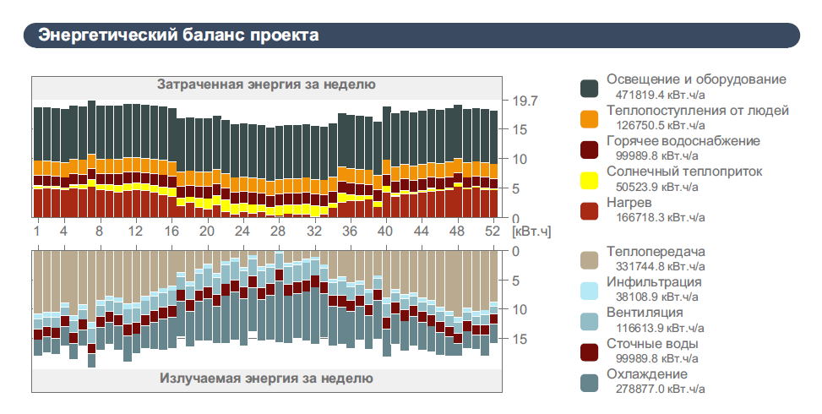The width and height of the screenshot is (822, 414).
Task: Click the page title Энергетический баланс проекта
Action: pyautogui.click(x=179, y=35)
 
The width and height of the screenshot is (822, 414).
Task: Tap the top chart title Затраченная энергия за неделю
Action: pyautogui.click(x=266, y=84)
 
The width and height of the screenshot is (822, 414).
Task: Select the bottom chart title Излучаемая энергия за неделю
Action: pyautogui.click(x=266, y=378)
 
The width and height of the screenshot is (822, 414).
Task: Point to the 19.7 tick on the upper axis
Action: pyautogui.click(x=525, y=101)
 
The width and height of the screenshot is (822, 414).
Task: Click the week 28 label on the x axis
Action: pyautogui.click(x=278, y=232)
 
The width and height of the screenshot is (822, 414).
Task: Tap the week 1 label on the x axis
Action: pyautogui.click(x=37, y=232)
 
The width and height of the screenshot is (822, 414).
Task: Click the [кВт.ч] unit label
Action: pyautogui.click(x=531, y=232)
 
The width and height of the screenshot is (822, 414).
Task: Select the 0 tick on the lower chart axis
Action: pyautogui.click(x=515, y=251)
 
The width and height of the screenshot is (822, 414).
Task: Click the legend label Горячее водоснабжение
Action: pyautogui.click(x=683, y=141)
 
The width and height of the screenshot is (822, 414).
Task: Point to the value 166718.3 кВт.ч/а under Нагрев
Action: pyautogui.click(x=661, y=217)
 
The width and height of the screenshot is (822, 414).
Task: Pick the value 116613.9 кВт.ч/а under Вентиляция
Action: pyautogui.click(x=661, y=328)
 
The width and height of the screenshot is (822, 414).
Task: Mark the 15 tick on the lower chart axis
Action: pyautogui.click(x=520, y=339)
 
